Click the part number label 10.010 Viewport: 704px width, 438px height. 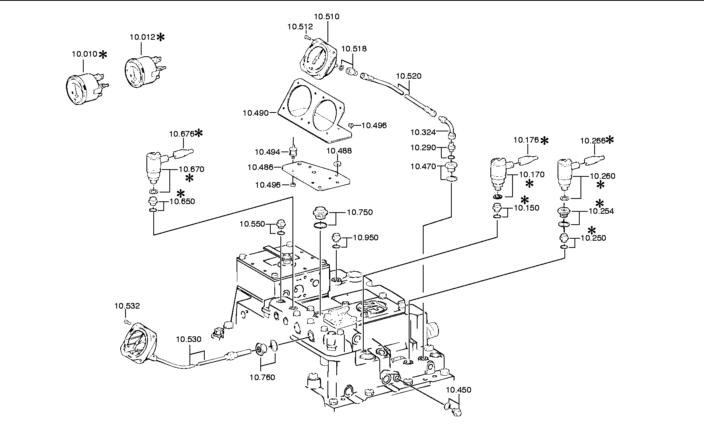(x=84, y=54)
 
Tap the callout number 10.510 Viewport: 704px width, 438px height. (x=327, y=16)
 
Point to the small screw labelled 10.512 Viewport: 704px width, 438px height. (x=308, y=37)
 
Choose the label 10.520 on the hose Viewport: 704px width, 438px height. (x=409, y=76)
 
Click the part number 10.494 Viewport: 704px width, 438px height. (x=268, y=152)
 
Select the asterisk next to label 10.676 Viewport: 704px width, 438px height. (x=199, y=133)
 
